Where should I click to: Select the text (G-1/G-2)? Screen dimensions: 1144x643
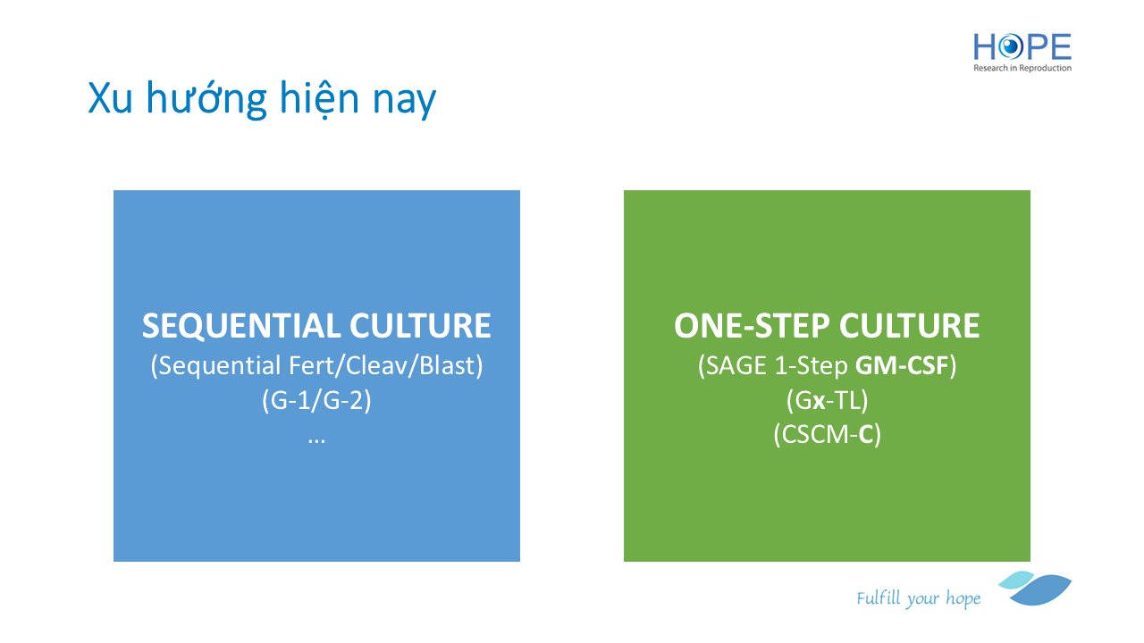pos(316,400)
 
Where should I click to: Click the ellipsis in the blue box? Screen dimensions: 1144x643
pos(316,441)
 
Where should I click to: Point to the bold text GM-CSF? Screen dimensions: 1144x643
pos(902,365)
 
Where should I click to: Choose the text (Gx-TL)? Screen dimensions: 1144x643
pos(827,400)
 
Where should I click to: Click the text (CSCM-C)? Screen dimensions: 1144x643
pos(827,435)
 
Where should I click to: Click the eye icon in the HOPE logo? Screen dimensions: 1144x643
pos(1010,47)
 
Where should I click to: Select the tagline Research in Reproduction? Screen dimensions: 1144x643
pos(1022,68)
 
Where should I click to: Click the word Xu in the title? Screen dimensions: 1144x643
pos(110,98)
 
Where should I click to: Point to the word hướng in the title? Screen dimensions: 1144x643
pos(206,98)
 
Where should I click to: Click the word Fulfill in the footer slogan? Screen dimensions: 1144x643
pos(879,597)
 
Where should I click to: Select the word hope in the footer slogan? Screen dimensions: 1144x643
pos(963,598)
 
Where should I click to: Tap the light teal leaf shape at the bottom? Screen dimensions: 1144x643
pos(1016,580)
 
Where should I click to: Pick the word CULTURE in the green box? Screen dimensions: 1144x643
pos(909,326)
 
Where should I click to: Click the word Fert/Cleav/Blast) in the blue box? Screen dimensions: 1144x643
pos(385,366)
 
